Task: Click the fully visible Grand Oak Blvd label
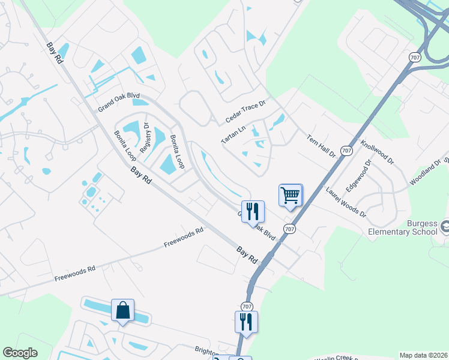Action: (x=119, y=103)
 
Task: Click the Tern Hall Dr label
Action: (x=321, y=146)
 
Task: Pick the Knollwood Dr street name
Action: (x=377, y=153)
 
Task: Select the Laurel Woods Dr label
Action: (x=345, y=202)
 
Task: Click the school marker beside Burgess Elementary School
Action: (x=445, y=227)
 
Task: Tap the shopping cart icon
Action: (x=290, y=195)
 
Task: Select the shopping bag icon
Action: (x=122, y=310)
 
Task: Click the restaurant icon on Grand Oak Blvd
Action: (x=253, y=211)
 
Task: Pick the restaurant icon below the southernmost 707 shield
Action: (x=246, y=322)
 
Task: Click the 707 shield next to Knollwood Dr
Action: (x=346, y=151)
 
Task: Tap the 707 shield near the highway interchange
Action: (x=414, y=57)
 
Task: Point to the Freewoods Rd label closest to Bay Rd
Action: (x=184, y=238)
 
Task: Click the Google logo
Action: (x=20, y=353)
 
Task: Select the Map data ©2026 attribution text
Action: (x=423, y=355)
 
